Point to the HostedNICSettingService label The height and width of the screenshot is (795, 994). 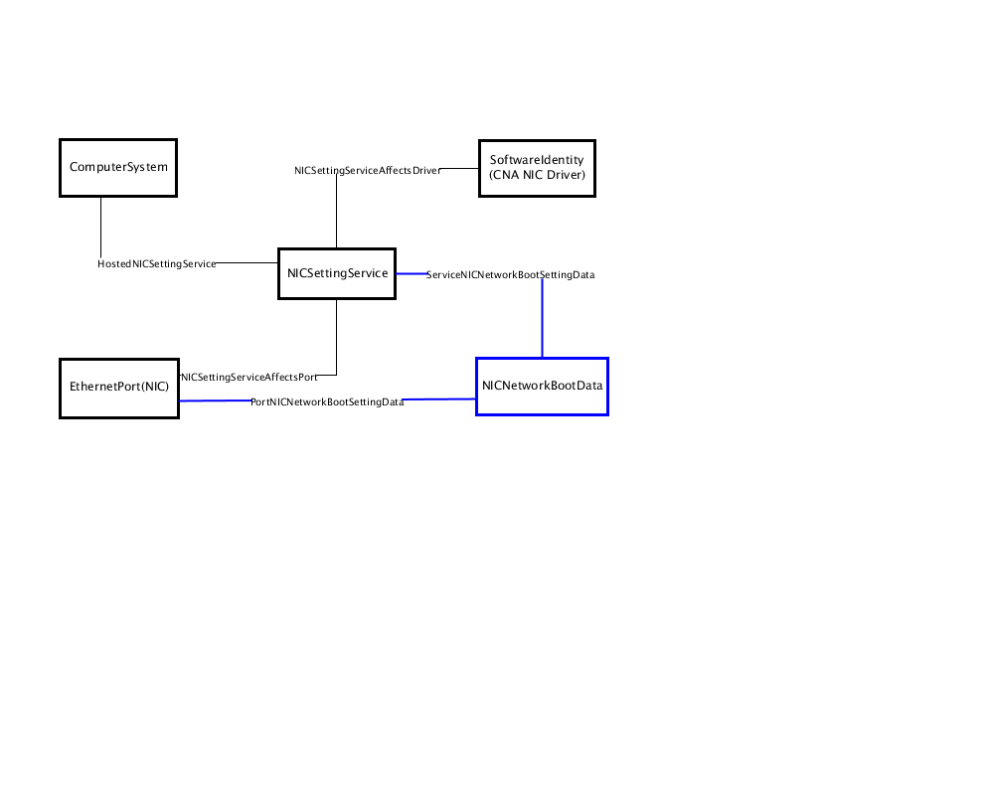click(x=157, y=263)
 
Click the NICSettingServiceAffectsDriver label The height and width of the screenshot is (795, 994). click(x=367, y=171)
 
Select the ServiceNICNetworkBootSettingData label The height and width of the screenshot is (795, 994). click(x=510, y=274)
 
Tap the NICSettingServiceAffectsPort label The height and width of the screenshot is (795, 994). click(x=249, y=378)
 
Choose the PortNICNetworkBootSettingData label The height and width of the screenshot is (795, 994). click(x=327, y=401)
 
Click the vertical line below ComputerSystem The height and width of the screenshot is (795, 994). click(x=100, y=228)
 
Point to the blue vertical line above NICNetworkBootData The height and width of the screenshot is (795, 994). click(x=542, y=319)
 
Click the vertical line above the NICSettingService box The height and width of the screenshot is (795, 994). click(x=337, y=212)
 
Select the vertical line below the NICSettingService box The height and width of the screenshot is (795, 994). click(x=337, y=337)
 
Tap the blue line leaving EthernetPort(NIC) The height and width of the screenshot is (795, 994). click(x=216, y=400)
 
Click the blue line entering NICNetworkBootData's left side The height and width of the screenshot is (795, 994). click(x=439, y=399)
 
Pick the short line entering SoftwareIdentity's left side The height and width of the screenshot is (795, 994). click(x=459, y=169)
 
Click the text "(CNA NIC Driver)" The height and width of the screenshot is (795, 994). click(x=537, y=175)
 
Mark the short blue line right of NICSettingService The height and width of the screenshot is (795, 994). click(x=412, y=274)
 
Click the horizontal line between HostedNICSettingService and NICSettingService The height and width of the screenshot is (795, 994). click(x=247, y=262)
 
